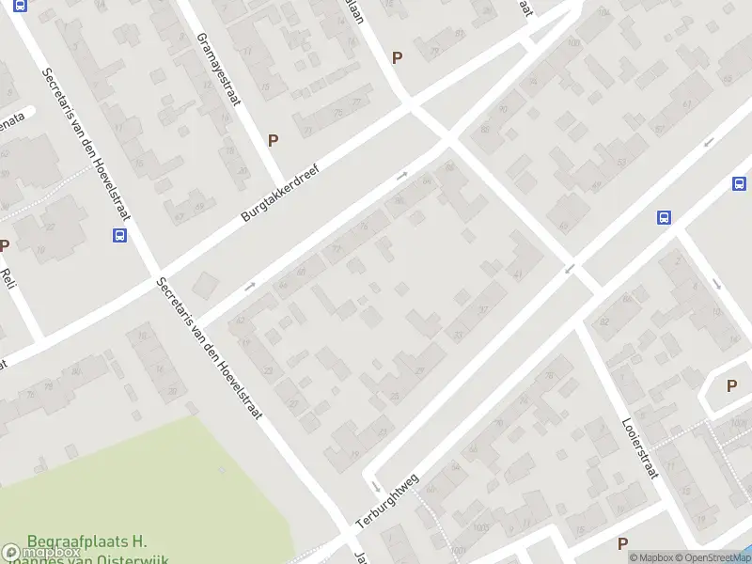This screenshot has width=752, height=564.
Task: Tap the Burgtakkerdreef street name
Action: (x=280, y=194)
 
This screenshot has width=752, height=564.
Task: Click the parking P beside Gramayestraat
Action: (x=274, y=140)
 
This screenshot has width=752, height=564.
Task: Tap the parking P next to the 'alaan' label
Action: (x=397, y=57)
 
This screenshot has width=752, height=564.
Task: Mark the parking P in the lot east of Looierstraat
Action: (x=731, y=384)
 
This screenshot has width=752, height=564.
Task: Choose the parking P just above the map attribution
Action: (x=622, y=543)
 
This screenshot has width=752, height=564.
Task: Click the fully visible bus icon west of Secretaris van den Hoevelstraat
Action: (x=120, y=236)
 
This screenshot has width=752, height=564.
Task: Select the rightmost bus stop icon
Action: (x=740, y=183)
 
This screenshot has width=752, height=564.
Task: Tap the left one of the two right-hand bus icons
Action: (x=664, y=217)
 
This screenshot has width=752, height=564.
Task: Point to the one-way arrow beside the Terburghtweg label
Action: (x=374, y=487)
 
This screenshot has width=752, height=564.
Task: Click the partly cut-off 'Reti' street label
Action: (x=9, y=278)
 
